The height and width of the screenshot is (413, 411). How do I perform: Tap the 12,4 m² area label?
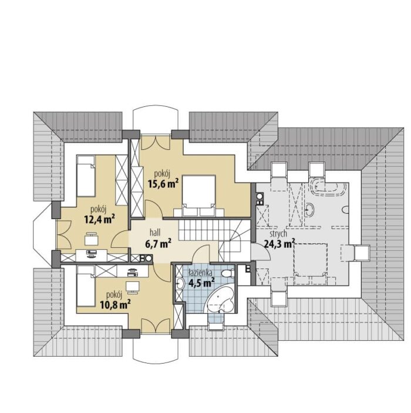pos(100,219)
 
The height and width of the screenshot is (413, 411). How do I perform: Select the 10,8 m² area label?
pos(115,304)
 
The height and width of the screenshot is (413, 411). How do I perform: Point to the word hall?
pos(155,232)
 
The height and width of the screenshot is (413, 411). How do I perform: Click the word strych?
pos(278,234)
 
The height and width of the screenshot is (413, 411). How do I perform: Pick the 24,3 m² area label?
pos(279,244)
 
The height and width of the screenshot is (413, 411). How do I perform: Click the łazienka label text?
pos(201,273)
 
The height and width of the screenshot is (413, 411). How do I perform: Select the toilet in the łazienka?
pos(228,273)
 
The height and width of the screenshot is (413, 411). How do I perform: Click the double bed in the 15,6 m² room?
pos(199,195)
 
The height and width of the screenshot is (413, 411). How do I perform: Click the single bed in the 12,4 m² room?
pos(86,176)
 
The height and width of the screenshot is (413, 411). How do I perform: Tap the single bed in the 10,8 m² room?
pos(86,286)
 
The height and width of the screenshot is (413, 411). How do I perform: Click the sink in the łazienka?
pos(180,284)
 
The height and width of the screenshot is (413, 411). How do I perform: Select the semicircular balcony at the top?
pos(156,120)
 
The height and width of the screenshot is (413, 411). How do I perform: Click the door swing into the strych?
pos(261,253)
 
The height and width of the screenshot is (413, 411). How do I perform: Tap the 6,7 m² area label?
pos(159,243)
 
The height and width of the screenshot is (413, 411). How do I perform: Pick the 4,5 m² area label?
pos(201,283)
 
